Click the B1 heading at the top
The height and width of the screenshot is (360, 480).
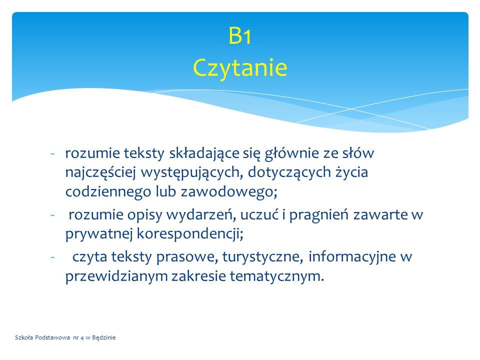[x=240, y=35]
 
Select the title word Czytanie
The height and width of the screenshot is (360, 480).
[x=240, y=68]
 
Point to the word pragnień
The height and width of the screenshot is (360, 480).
[x=318, y=215]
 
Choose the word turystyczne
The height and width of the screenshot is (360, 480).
[x=262, y=257]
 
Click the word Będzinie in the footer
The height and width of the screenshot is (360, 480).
[x=104, y=337]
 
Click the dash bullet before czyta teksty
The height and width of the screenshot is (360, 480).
[x=52, y=257]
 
